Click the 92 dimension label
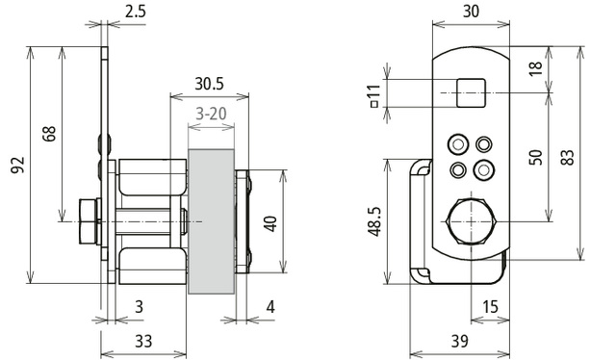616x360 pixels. (x=18, y=165)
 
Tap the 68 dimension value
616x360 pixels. (x=49, y=134)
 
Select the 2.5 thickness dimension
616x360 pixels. (x=136, y=12)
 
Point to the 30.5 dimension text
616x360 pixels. (x=210, y=84)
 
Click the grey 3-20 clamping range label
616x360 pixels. (x=212, y=114)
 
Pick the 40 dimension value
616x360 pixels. (x=270, y=224)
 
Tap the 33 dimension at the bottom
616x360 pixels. (x=143, y=341)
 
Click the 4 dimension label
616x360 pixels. (x=270, y=307)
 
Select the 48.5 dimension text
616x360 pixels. (x=374, y=221)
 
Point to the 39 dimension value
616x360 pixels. (x=460, y=341)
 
